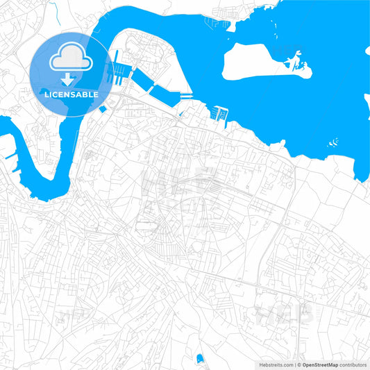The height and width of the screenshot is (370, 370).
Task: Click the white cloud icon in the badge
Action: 70,61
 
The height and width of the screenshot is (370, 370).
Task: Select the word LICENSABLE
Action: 70,94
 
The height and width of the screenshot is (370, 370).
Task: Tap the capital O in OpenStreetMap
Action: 305,364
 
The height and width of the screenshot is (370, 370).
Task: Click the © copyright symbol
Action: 299,364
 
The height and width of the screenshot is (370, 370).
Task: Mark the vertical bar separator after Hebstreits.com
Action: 294,364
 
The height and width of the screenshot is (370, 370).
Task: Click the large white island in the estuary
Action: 253,62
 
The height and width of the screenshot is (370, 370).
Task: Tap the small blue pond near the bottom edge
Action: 200,359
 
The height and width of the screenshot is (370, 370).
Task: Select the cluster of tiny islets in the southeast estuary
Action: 335,142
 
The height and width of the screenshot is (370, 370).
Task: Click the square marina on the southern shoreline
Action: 220,113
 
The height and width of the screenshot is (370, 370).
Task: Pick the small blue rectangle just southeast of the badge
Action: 103,108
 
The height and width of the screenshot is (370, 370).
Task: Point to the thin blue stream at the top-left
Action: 53,10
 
